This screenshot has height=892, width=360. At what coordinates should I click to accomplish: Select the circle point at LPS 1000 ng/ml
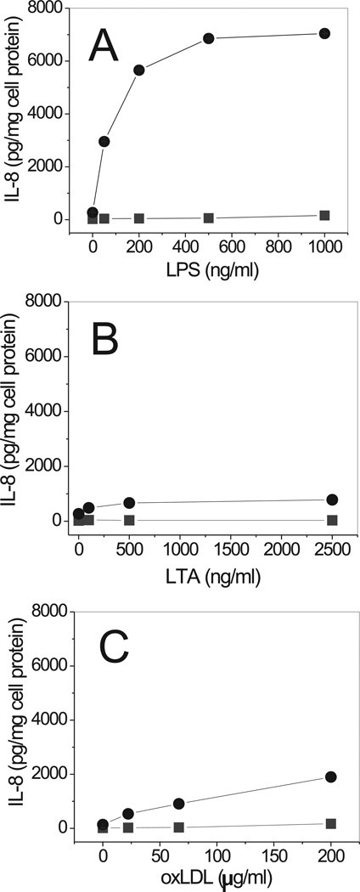pyautogui.click(x=324, y=33)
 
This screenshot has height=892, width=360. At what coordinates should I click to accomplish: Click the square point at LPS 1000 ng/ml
pyautogui.click(x=324, y=215)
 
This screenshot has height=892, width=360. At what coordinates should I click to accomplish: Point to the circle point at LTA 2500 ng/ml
pyautogui.click(x=332, y=500)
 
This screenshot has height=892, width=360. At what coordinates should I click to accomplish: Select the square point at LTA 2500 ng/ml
pyautogui.click(x=332, y=520)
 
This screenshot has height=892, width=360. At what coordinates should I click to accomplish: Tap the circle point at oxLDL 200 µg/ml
pyautogui.click(x=331, y=776)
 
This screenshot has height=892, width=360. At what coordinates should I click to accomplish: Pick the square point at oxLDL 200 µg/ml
pyautogui.click(x=331, y=823)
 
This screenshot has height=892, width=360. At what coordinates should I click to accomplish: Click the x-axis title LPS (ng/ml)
pyautogui.click(x=208, y=273)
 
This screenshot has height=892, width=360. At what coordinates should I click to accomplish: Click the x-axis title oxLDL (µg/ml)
pyautogui.click(x=212, y=878)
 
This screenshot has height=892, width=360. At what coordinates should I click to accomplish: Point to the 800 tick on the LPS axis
pyautogui.click(x=278, y=246)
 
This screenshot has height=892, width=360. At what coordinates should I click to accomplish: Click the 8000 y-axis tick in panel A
pyautogui.click(x=49, y=8)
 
